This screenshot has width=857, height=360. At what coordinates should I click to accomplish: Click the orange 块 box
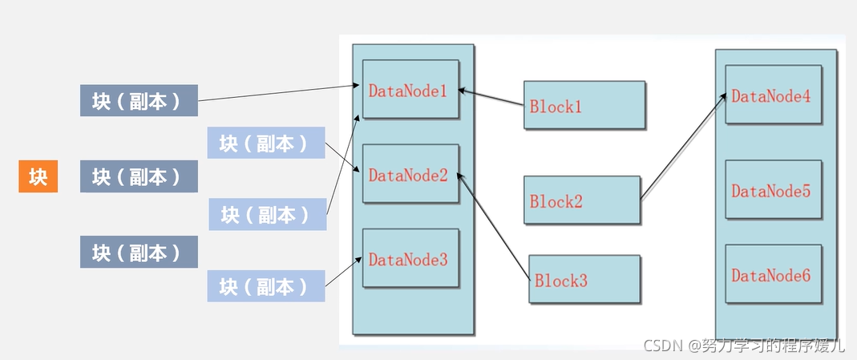click(x=38, y=176)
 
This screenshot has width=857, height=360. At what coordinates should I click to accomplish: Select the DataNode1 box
click(x=410, y=89)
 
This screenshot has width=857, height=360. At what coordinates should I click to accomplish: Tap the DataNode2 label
click(x=408, y=176)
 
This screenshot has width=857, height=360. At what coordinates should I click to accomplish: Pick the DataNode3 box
click(x=410, y=258)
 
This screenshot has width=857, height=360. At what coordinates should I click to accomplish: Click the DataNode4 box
click(x=774, y=95)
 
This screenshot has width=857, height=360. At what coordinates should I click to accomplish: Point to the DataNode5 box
click(x=774, y=189)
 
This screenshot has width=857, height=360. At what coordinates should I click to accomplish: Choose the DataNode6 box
click(x=774, y=273)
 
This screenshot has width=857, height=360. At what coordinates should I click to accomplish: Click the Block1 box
click(x=584, y=105)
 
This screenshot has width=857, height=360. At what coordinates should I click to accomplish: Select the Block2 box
click(x=581, y=200)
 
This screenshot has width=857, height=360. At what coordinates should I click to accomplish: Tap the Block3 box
click(x=584, y=279)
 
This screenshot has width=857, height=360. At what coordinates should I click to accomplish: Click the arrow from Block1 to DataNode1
click(x=491, y=97)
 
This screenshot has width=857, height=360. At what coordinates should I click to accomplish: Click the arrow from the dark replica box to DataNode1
click(x=278, y=93)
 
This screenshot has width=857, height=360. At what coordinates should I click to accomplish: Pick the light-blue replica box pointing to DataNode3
click(x=266, y=285)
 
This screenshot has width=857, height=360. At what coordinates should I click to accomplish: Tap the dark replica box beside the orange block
click(x=139, y=176)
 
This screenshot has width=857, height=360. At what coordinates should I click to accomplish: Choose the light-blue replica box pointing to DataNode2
click(x=266, y=143)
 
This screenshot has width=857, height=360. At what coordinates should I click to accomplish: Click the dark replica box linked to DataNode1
click(x=139, y=100)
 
